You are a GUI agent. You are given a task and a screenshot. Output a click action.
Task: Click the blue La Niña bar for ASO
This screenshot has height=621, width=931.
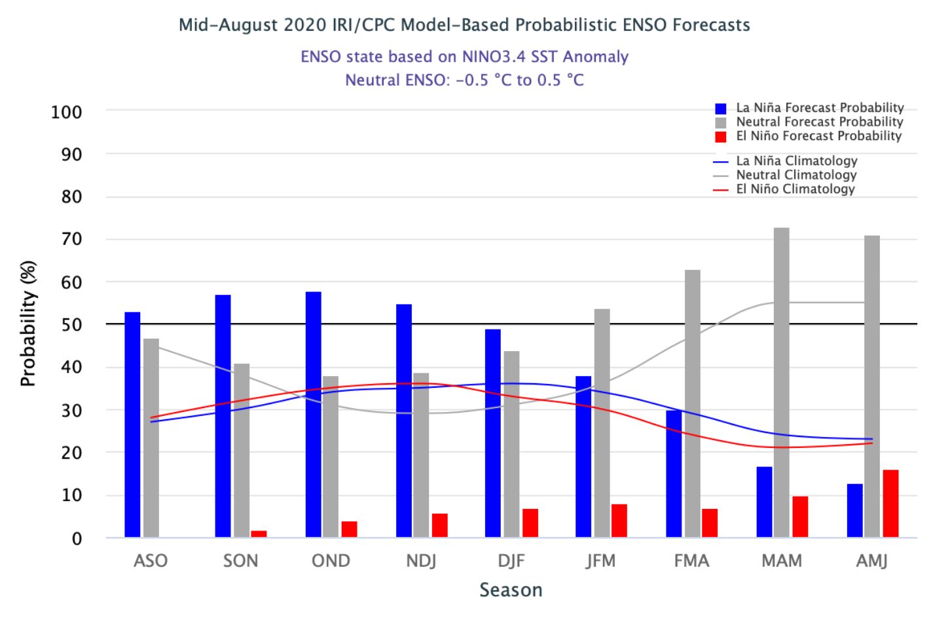133,424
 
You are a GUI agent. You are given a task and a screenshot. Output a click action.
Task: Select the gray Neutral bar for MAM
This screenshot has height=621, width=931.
781,383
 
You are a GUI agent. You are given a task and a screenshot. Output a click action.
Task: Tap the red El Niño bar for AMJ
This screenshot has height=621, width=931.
890,504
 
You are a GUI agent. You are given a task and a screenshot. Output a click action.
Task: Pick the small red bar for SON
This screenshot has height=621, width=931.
259,534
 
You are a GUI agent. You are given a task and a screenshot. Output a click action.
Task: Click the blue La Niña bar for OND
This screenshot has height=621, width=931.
314,415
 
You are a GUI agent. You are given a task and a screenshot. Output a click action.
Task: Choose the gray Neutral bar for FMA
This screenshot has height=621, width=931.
693,404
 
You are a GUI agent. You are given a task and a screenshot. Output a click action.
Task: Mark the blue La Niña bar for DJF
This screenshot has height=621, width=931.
493,434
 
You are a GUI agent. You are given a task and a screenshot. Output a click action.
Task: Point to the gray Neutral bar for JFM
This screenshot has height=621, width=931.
602,423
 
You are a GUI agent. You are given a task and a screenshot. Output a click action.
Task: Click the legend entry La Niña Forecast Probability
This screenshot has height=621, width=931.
809,108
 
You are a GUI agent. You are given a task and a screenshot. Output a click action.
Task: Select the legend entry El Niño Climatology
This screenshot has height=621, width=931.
784,189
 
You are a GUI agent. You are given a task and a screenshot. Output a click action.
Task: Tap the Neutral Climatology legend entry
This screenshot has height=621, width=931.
785,175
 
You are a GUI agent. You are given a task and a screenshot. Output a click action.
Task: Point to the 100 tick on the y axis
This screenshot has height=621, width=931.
67,112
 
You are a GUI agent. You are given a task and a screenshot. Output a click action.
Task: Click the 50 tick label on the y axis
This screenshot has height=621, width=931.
71,325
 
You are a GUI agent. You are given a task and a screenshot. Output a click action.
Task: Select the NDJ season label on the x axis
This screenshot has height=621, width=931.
421,561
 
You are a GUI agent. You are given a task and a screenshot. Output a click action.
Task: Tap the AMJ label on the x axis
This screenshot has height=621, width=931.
871,561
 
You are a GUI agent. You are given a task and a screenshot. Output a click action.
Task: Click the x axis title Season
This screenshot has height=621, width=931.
511,590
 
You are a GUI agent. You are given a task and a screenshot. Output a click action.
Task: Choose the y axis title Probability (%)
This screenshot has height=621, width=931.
28,324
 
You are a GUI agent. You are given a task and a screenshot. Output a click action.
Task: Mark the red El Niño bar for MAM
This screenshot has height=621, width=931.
800,517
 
